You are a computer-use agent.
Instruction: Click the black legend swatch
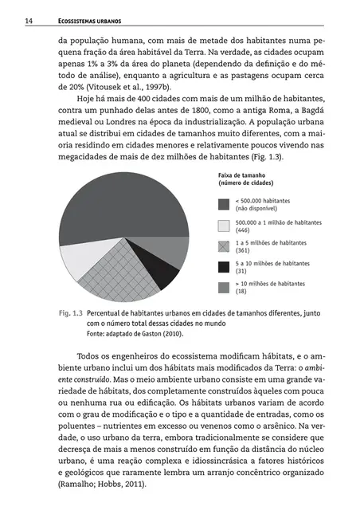click(224, 266)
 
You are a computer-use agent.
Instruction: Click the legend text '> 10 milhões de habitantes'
click(270, 283)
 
